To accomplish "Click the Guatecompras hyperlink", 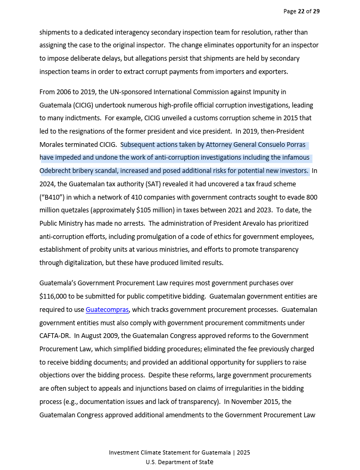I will [x=107, y=309].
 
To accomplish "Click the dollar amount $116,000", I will [x=53, y=296].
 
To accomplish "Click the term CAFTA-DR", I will [x=55, y=335].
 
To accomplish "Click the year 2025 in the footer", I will [x=243, y=452].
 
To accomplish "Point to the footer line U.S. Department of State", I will [x=179, y=461].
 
